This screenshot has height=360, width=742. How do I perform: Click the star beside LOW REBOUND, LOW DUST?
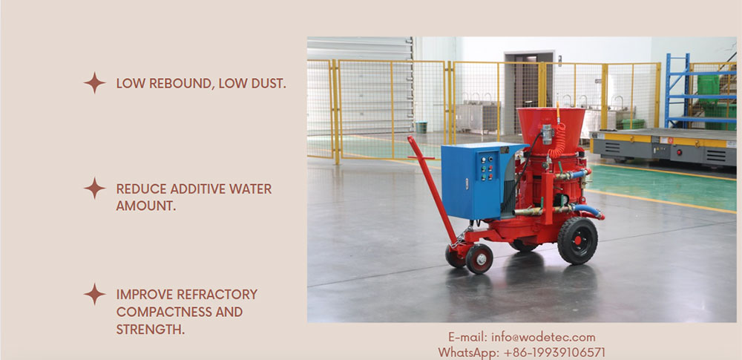(95, 83)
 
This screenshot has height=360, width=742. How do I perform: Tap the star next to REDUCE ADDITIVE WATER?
(95, 188)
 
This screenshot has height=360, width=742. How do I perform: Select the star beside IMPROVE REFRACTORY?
(95, 294)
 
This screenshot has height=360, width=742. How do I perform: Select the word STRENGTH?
(151, 330)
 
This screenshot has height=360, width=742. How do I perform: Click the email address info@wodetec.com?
(543, 337)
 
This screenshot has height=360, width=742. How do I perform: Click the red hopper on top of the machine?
(551, 129)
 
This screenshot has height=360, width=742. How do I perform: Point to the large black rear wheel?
(577, 240)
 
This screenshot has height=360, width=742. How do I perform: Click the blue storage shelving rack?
(700, 91)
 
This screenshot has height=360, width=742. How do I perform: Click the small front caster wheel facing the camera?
(479, 258)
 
